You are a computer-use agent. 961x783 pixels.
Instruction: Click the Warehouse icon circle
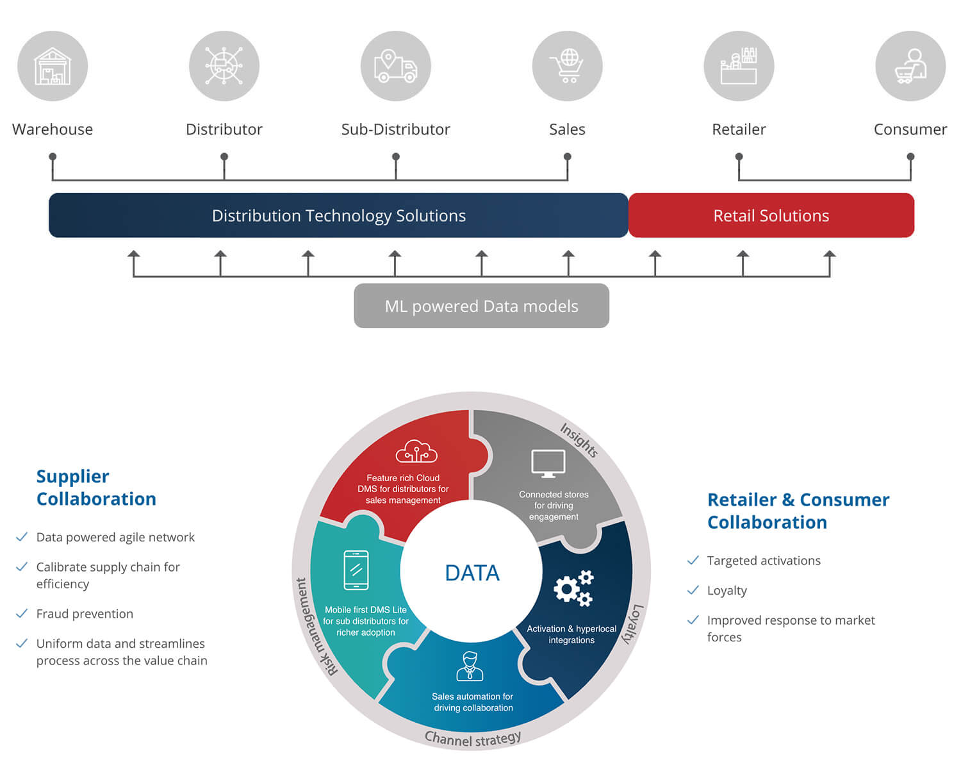(x=53, y=66)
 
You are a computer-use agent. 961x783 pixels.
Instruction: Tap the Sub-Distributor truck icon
(x=396, y=66)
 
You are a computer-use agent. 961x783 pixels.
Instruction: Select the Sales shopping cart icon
(x=567, y=66)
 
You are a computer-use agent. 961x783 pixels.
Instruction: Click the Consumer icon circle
(x=910, y=66)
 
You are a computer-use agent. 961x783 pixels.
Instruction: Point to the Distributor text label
(x=224, y=129)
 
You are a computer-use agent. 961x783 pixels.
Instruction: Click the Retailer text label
(x=739, y=129)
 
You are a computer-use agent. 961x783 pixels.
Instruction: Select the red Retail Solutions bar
(x=771, y=216)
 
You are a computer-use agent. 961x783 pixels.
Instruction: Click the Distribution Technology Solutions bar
(x=338, y=216)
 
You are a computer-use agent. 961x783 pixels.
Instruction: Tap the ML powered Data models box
(x=481, y=306)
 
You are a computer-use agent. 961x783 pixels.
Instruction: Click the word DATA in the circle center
(x=472, y=573)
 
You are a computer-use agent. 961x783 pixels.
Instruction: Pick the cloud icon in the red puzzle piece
(x=416, y=452)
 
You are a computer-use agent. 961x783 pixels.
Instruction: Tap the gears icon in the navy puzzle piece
(x=574, y=588)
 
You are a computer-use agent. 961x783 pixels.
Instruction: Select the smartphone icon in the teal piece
(x=356, y=570)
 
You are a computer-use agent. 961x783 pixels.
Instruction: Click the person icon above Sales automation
(x=470, y=666)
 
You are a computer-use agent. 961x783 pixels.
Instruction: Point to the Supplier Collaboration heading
(x=96, y=488)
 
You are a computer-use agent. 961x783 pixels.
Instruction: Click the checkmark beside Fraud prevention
(x=22, y=614)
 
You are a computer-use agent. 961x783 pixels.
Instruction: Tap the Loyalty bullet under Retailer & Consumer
(x=727, y=591)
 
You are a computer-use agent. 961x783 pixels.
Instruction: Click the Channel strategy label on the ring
(x=473, y=739)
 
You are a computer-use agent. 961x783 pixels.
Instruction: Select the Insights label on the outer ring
(x=579, y=440)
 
